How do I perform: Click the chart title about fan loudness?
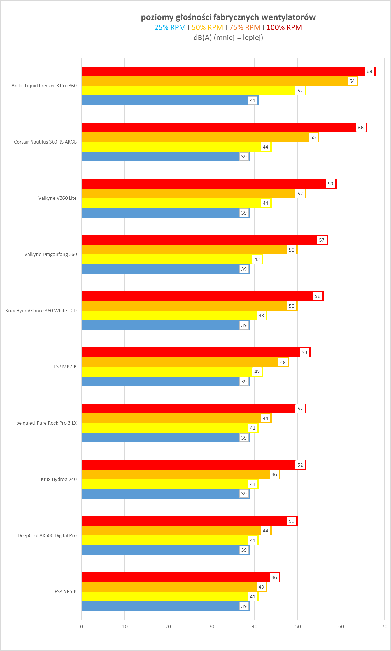click(x=228, y=17)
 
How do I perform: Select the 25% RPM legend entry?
click(x=170, y=28)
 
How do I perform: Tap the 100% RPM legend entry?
click(x=284, y=28)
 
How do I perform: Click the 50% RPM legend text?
click(x=207, y=28)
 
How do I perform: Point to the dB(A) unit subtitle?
click(x=228, y=38)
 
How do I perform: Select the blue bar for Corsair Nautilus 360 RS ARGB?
click(x=160, y=157)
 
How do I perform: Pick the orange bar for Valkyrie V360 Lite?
click(x=188, y=194)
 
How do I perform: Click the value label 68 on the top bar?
click(x=369, y=71)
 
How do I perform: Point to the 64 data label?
click(x=352, y=81)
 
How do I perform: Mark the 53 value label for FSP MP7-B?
click(x=304, y=352)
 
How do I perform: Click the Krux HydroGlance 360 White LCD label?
click(x=41, y=311)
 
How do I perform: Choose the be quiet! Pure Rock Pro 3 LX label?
click(x=46, y=423)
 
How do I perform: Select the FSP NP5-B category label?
click(x=66, y=591)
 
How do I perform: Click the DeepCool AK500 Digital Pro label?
click(x=47, y=535)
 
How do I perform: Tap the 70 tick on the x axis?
click(x=385, y=626)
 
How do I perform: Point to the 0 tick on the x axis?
click(x=82, y=626)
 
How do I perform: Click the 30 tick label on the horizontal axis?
click(x=211, y=626)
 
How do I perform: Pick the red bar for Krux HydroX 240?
click(x=188, y=465)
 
